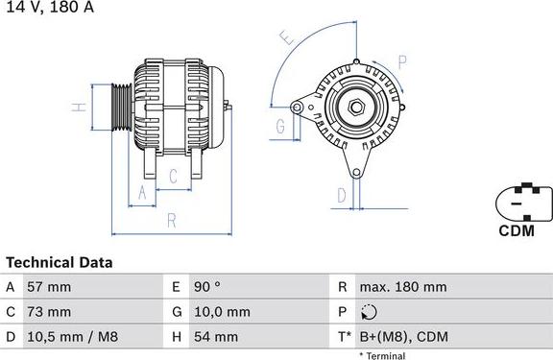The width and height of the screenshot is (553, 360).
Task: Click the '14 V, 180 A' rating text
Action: coord(47,7)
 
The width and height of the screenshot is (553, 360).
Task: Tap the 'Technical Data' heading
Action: coord(59,262)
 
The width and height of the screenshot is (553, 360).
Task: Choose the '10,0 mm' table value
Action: coord(223,312)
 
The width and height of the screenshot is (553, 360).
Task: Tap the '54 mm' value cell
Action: coord(218,337)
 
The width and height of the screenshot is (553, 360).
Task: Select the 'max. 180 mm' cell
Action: coord(402,287)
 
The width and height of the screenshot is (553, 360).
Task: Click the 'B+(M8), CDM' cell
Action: coord(403,337)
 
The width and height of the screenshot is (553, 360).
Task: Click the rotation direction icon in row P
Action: coord(372,312)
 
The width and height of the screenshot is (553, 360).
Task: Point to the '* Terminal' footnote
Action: coord(382,355)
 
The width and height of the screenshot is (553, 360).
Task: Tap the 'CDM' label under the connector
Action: coord(516,231)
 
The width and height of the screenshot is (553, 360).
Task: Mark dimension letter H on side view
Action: coord(81,107)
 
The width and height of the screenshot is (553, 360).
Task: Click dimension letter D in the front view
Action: coord(341,196)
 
